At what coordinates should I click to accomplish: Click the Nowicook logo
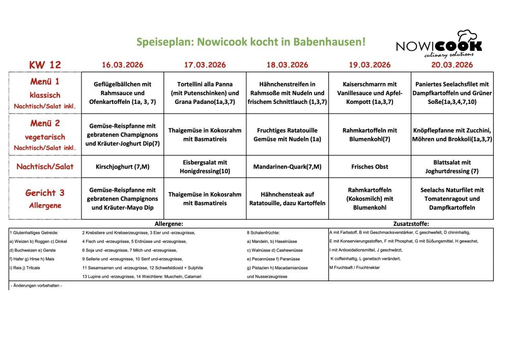pos(439,44)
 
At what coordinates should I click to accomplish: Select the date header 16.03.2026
pos(122,65)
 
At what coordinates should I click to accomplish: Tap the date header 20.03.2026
pos(452,65)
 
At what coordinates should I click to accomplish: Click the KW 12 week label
pos(45,65)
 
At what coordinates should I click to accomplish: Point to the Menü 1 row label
pos(45,81)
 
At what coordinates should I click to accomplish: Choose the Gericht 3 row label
pos(45,193)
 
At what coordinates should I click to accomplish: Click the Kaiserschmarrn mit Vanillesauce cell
pos(370,93)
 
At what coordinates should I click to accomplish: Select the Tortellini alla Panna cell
pos(205,93)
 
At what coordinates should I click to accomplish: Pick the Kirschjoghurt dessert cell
pos(122,167)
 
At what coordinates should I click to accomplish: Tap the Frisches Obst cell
pos(370,167)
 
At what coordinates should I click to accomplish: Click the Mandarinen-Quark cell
pos(287,167)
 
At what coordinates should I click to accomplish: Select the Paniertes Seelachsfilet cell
pos(452,93)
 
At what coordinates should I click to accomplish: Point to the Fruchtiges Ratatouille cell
pos(287,134)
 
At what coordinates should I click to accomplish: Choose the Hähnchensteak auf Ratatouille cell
pos(287,199)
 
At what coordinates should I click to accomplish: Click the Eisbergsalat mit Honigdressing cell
pos(205,167)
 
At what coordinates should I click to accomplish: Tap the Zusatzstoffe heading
pos(411,224)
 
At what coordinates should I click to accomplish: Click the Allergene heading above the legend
pos(168,224)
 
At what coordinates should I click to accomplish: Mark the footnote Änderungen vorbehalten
pos(36,286)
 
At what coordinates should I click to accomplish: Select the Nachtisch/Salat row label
pos(45,167)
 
